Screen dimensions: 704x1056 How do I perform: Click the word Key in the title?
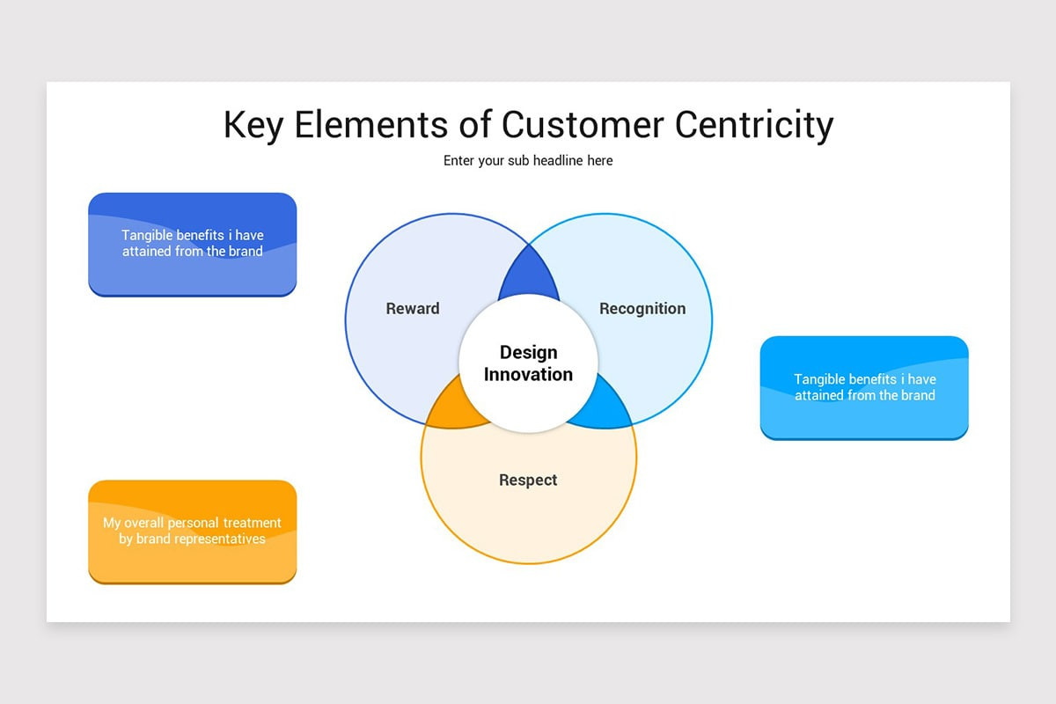(253, 125)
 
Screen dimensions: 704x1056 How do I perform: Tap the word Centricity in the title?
(754, 125)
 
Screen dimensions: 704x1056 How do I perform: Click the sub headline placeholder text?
(528, 161)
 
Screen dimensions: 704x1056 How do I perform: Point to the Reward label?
(413, 309)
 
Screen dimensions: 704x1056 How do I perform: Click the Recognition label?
(642, 309)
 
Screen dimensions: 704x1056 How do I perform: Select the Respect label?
(528, 480)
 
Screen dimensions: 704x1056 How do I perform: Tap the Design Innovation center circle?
(528, 363)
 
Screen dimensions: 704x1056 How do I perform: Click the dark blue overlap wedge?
(528, 277)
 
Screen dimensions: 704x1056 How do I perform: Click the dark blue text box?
(192, 244)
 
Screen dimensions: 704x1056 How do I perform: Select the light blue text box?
(864, 387)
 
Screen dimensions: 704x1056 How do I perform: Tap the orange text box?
(192, 531)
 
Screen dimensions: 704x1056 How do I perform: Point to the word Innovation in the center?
(528, 375)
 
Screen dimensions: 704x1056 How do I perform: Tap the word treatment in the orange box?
(252, 523)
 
